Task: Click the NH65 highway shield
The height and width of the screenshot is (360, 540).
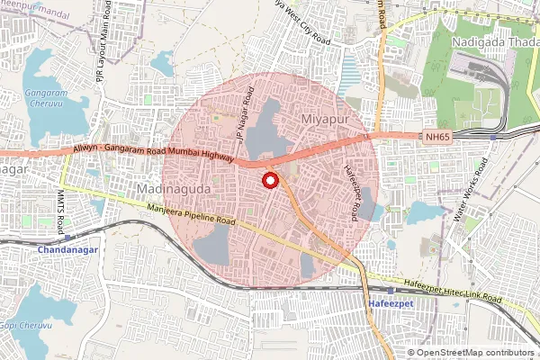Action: click(436, 136)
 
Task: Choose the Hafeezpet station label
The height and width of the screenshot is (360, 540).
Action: click(391, 305)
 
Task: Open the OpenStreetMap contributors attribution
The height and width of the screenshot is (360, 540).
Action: click(474, 352)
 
